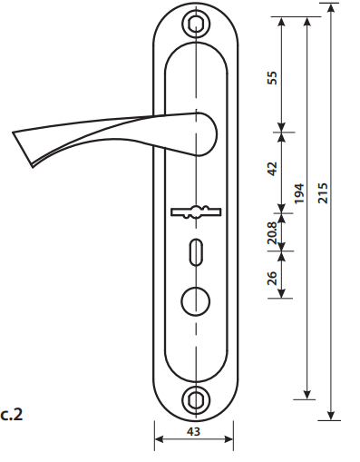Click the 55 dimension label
[x=272, y=78]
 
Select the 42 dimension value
[x=272, y=169]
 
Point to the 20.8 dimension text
[x=272, y=233]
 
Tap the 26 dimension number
[x=272, y=278]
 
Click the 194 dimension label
[x=298, y=193]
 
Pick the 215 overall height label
[x=323, y=193]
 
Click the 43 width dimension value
[x=193, y=431]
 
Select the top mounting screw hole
[x=196, y=24]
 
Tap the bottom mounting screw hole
[x=196, y=400]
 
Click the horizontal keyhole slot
[x=196, y=211]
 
